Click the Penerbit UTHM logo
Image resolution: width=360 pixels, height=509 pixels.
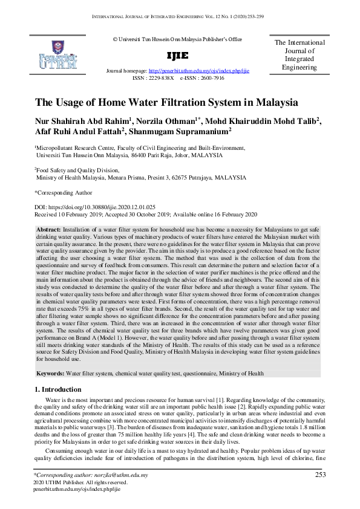pos(57,55)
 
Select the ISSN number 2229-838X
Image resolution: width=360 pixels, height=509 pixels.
pos(161,79)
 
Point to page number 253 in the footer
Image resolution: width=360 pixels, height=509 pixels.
pos(321,475)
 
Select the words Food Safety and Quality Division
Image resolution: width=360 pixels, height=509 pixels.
pos(79,170)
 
